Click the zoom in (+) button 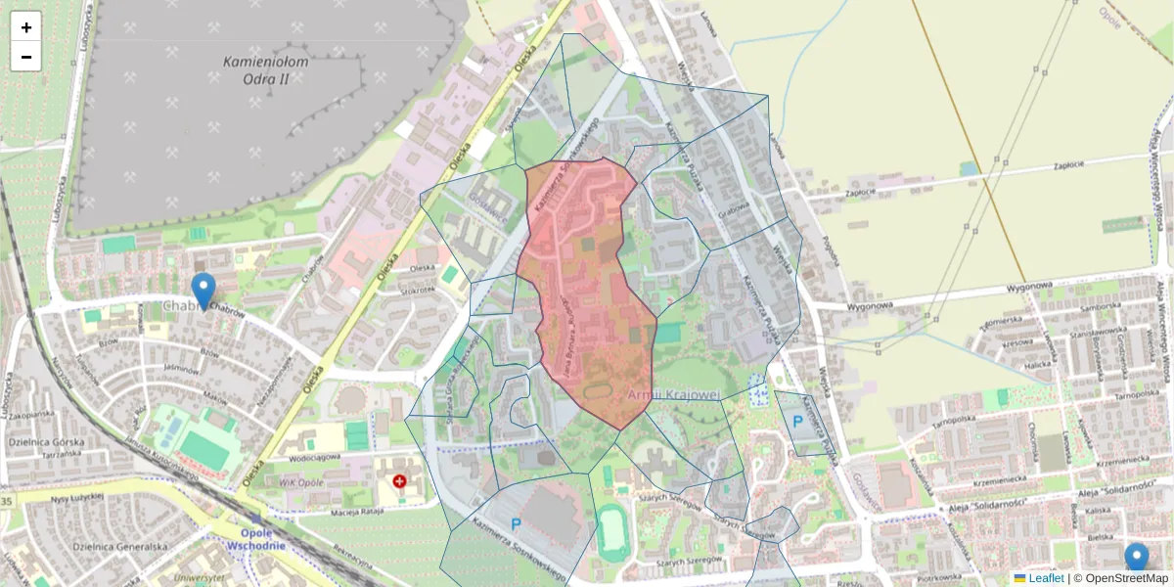click(x=26, y=27)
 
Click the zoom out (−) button click(x=26, y=57)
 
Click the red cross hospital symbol click(x=399, y=481)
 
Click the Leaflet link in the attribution click(x=1045, y=578)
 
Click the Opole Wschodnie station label click(x=263, y=539)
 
